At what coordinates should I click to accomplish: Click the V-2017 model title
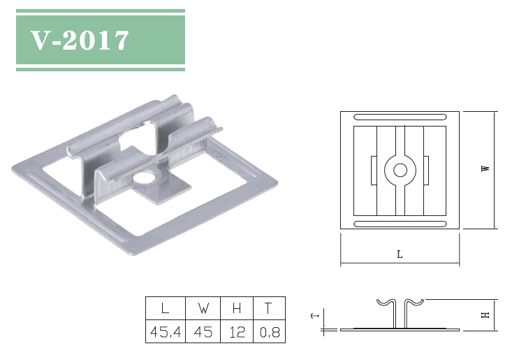[x=80, y=41]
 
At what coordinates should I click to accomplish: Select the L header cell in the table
[x=165, y=308]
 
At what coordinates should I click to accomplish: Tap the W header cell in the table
[x=203, y=308]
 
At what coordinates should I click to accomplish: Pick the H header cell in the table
[x=237, y=308]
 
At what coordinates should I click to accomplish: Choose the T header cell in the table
[x=269, y=308]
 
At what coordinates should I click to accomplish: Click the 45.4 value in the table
[x=165, y=332]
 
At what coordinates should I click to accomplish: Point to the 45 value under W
[x=203, y=332]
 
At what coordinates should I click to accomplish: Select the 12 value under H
[x=237, y=332]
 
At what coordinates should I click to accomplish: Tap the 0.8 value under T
[x=269, y=332]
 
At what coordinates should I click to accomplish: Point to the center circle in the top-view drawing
[x=400, y=170]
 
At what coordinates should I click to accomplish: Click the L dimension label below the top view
[x=400, y=255]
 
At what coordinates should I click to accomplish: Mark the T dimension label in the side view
[x=315, y=316]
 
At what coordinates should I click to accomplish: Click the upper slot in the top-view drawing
[x=400, y=116]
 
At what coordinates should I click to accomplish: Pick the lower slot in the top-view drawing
[x=400, y=223]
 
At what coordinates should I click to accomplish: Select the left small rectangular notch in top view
[x=372, y=170]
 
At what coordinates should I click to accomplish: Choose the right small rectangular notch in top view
[x=427, y=170]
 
